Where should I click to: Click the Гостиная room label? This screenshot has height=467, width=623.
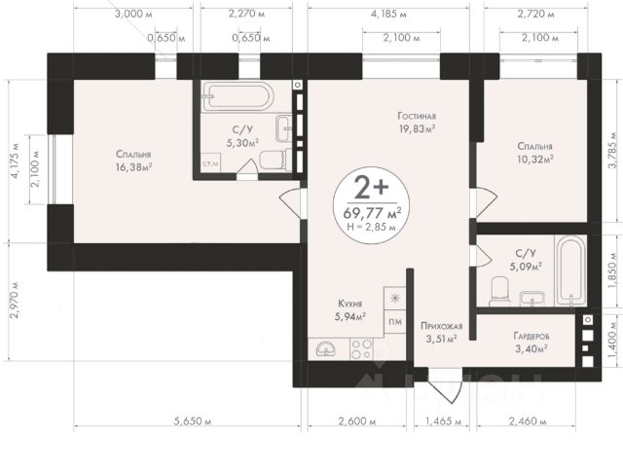[417, 116]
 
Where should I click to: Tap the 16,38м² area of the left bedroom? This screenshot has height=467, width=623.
[134, 167]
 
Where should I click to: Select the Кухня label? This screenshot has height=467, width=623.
[350, 304]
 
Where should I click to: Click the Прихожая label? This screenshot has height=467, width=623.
[441, 327]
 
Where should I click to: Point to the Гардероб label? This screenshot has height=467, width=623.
[531, 337]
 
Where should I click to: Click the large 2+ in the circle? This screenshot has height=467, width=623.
[371, 188]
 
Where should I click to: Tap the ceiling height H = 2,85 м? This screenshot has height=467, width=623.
[371, 227]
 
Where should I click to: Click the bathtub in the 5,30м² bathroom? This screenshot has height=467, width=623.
[238, 96]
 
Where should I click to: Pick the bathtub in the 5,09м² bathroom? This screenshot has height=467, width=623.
[570, 271]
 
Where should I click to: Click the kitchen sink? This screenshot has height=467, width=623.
[327, 349]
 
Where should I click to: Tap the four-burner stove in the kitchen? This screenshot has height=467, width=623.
[361, 349]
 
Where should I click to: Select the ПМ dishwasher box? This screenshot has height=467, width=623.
[395, 322]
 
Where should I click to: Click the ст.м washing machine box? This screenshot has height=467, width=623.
[210, 163]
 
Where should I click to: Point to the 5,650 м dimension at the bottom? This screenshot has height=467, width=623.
[193, 421]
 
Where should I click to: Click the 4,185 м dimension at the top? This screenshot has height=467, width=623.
[388, 15]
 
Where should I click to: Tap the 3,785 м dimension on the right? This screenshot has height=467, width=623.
[615, 150]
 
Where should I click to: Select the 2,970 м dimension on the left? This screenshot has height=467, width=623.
[16, 301]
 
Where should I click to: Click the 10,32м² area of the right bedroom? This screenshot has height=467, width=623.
[535, 160]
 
